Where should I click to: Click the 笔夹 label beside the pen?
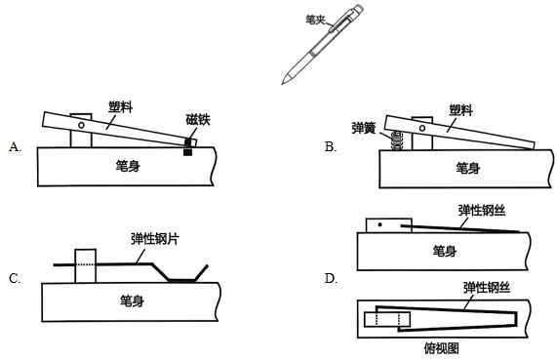tap(315, 20)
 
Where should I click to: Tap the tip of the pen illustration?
tap(283, 84)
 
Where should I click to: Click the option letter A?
tap(15, 146)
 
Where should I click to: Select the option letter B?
tap(331, 146)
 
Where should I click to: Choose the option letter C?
tap(15, 278)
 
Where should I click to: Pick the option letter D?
tap(331, 278)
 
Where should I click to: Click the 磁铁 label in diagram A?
tap(198, 119)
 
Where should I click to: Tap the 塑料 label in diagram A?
tap(120, 106)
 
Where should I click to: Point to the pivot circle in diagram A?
tap(81, 125)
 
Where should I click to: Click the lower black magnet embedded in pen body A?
tap(188, 152)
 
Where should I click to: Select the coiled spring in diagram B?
tap(397, 140)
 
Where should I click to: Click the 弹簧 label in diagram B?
tap(364, 128)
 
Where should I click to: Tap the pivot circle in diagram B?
tap(422, 128)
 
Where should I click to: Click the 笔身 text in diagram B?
tap(468, 168)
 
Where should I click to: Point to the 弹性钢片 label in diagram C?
tap(155, 239)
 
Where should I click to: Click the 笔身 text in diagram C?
tap(132, 301)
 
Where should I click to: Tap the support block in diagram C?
tap(86, 265)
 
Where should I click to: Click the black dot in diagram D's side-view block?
tap(380, 224)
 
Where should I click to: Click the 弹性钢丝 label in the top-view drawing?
tap(487, 287)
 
